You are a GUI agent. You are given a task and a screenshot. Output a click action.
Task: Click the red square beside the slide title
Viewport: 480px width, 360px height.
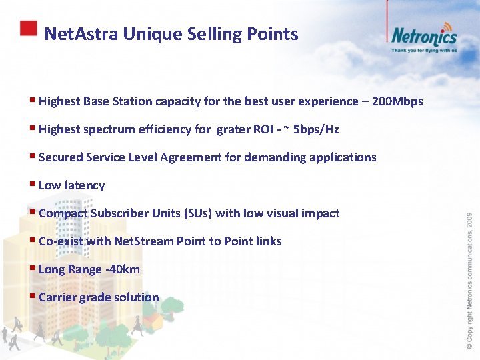pos(28,28)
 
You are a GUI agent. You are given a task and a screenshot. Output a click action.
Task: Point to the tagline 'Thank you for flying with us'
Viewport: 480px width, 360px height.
pos(424,50)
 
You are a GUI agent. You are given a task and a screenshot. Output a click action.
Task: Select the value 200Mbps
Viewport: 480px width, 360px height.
pos(397,101)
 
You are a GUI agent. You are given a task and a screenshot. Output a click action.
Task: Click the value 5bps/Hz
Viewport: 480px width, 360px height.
pos(321,129)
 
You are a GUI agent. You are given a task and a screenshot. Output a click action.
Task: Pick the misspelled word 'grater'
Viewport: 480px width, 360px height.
pos(233,129)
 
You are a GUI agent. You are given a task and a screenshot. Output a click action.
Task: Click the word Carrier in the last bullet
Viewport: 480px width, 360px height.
pos(57,297)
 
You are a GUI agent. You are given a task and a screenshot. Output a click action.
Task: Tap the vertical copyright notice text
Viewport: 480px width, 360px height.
pos(469,280)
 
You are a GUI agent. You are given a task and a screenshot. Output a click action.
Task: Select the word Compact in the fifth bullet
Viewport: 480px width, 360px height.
pos(63,213)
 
